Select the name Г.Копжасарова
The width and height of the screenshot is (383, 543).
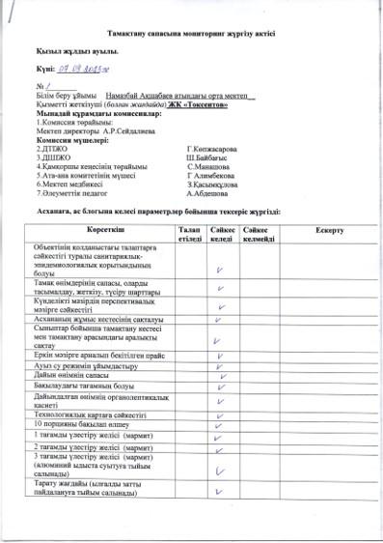(211, 149)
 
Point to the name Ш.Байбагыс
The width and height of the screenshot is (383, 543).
(209, 157)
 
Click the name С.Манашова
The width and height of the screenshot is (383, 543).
(208, 166)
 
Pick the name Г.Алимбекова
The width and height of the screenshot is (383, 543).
(212, 175)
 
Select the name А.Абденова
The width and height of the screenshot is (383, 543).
(208, 192)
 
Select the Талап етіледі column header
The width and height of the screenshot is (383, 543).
(190, 235)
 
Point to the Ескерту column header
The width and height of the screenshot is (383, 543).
(329, 231)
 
